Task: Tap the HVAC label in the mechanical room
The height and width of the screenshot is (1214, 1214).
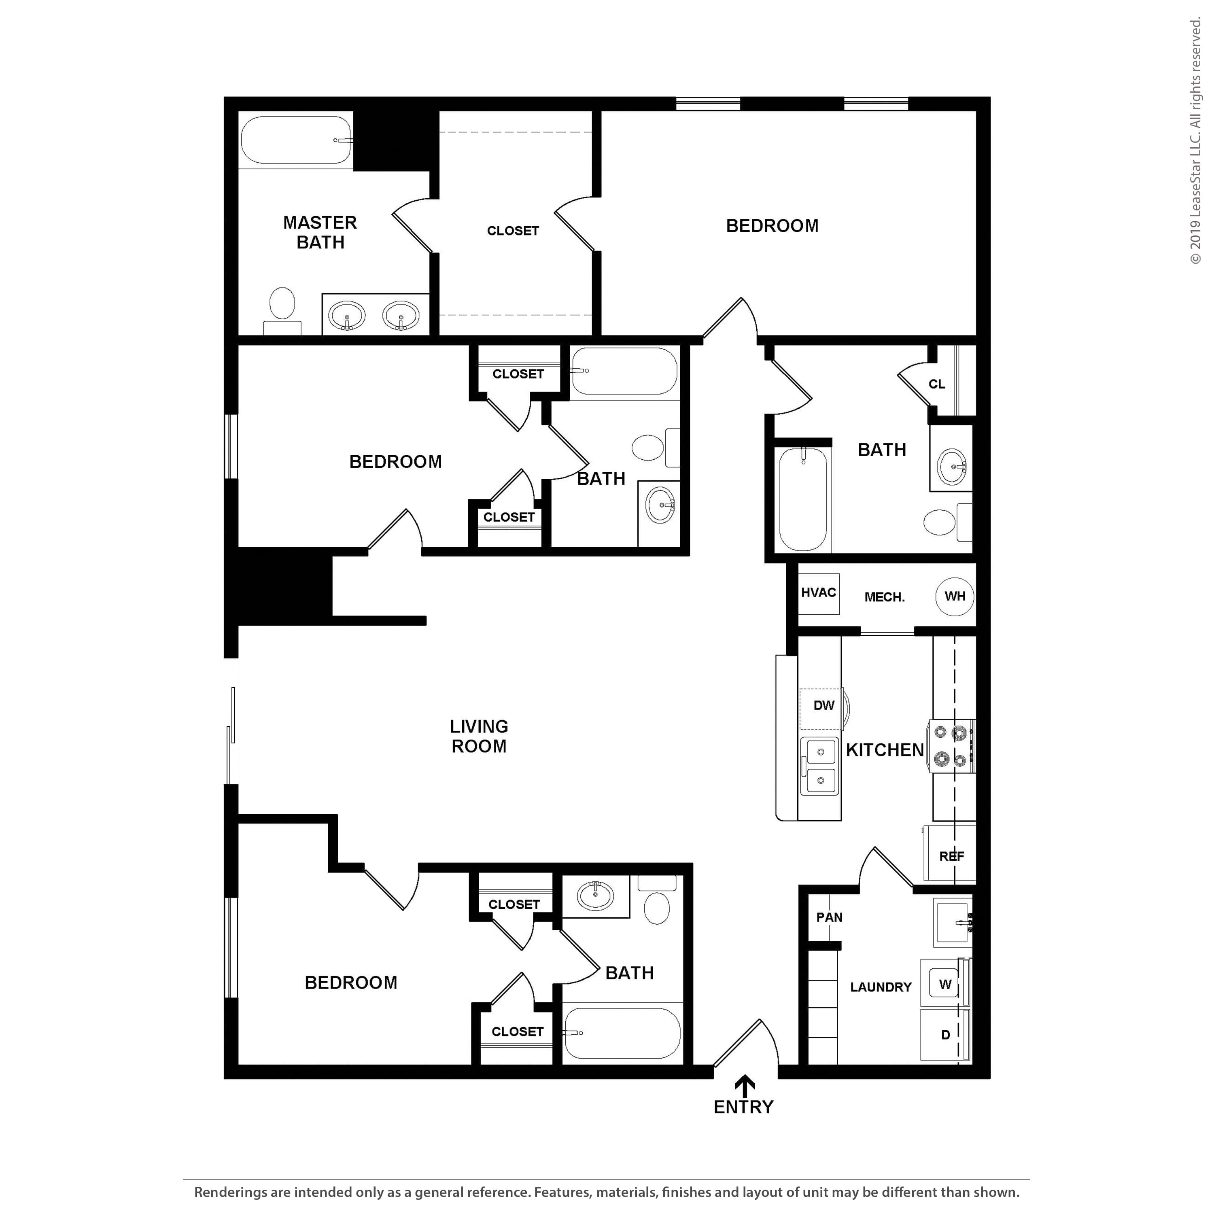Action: [818, 592]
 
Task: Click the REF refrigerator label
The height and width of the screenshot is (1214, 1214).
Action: [951, 856]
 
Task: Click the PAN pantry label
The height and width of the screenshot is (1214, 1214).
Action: [830, 917]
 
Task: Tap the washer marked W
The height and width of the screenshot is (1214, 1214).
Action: [945, 984]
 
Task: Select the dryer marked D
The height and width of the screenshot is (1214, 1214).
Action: [945, 1034]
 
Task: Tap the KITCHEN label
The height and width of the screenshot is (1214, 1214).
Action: [885, 749]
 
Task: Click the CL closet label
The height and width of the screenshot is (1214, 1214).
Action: [937, 384]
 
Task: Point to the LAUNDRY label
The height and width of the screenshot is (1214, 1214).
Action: [880, 987]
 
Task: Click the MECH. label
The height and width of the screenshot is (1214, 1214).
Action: [885, 597]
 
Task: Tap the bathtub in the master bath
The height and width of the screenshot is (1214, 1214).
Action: [296, 140]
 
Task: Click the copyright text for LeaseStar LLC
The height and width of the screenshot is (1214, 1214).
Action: [1195, 141]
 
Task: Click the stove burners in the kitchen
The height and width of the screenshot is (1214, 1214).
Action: [950, 746]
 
